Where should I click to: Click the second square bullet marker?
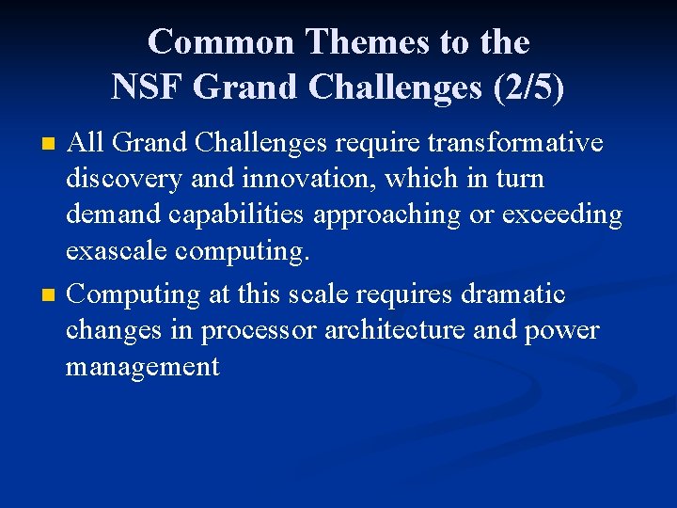tap(50, 296)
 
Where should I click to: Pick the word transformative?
tap(514, 143)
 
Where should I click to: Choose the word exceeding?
tap(562, 215)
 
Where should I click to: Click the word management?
tap(142, 367)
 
